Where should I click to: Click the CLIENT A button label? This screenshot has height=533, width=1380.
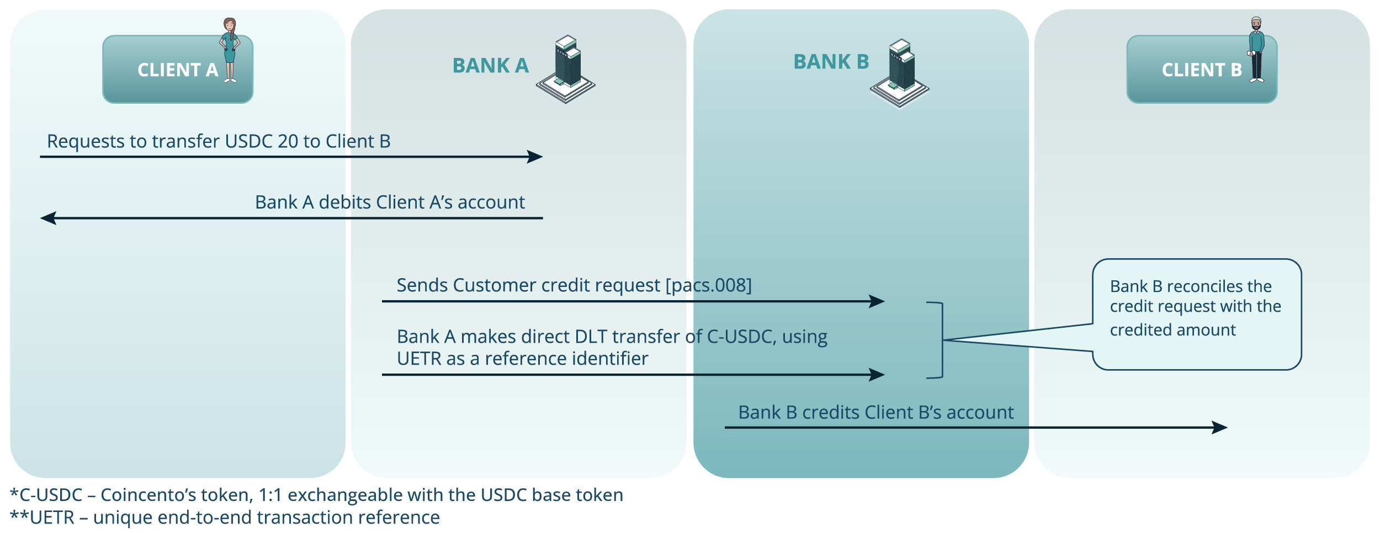pyautogui.click(x=177, y=70)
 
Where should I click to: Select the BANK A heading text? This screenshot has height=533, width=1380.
pyautogui.click(x=490, y=66)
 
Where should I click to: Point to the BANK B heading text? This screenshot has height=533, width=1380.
pyautogui.click(x=831, y=62)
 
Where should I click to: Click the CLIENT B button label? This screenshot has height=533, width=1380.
pyautogui.click(x=1201, y=70)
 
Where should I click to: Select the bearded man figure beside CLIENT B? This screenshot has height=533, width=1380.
pyautogui.click(x=1256, y=50)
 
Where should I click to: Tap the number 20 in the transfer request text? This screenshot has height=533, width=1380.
pyautogui.click(x=288, y=141)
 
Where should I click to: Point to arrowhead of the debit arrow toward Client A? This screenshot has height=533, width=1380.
pyautogui.click(x=49, y=218)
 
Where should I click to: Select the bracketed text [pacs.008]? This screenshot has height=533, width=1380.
pyautogui.click(x=708, y=285)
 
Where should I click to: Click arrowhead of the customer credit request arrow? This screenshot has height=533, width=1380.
pyautogui.click(x=877, y=301)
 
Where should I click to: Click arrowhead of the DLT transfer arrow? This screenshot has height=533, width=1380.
pyautogui.click(x=877, y=375)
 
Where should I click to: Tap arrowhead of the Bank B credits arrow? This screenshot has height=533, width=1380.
pyautogui.click(x=1219, y=427)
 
